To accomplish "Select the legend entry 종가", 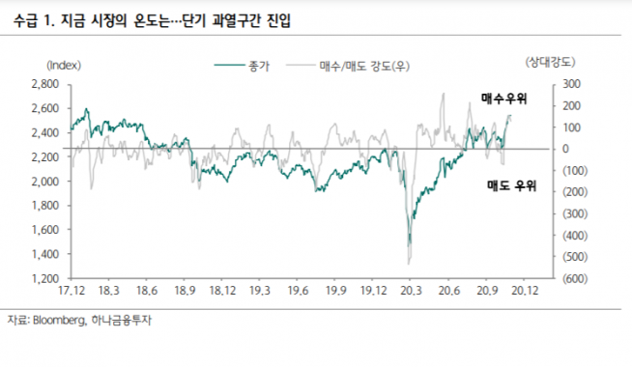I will [x=260, y=66].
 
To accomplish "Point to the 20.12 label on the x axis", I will [x=526, y=291].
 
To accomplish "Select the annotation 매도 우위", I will [x=511, y=184].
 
